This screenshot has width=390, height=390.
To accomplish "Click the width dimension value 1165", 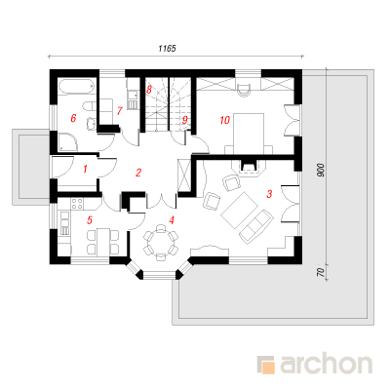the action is click(167, 49).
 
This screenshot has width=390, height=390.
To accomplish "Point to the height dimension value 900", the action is click(321, 171).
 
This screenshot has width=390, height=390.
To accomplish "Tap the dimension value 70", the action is click(321, 272).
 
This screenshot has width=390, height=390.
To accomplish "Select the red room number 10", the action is click(224, 120).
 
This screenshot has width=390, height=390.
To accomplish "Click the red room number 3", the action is click(269, 194).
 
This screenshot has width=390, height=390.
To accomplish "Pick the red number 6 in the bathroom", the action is click(73, 118).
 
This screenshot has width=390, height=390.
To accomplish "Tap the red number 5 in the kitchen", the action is click(90, 220).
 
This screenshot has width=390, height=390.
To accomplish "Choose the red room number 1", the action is click(85, 169).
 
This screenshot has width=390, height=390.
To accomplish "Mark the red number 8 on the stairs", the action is click(149, 90).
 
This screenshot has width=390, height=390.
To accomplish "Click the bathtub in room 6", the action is click(77, 86).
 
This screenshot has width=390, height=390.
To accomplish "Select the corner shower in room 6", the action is click(68, 142).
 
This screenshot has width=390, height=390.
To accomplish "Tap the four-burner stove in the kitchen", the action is click(77, 204).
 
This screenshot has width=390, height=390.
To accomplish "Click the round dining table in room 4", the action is click(161, 243).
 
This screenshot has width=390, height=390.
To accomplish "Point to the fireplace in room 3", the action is click(249, 167).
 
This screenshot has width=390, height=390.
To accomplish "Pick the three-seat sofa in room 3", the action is click(256, 226).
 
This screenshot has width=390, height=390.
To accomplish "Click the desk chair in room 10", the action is click(245, 89).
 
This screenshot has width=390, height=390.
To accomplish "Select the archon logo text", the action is click(326, 365).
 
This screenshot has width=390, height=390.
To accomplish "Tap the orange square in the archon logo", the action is click(269, 368).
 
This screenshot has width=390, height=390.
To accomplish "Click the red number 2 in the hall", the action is click(138, 173).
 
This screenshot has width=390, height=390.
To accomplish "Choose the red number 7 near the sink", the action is click(119, 111).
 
